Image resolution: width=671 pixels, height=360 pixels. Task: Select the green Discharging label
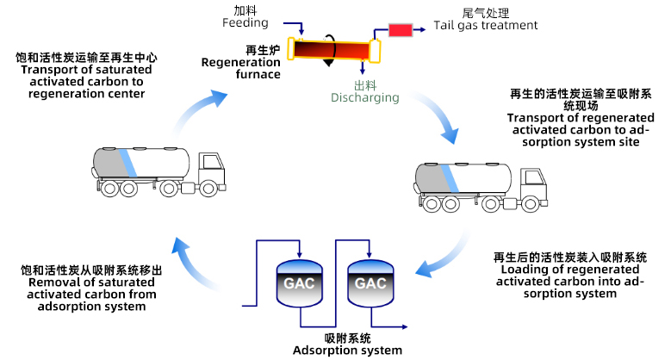pyautogui.click(x=365, y=97)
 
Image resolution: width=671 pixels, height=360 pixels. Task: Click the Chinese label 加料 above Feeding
pyautogui.click(x=246, y=10)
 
